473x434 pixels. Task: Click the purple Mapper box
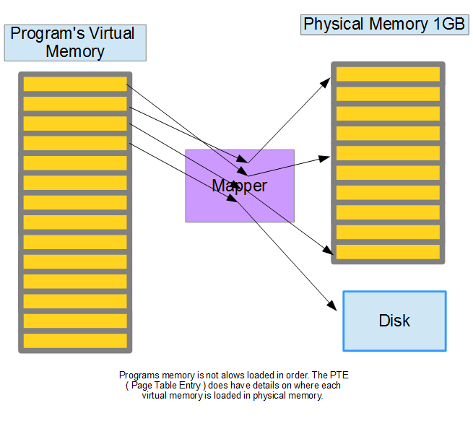(240, 186)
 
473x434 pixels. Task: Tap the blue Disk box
(394, 321)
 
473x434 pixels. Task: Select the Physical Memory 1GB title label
(385, 25)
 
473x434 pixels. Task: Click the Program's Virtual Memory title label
(75, 43)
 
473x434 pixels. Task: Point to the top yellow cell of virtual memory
(75, 84)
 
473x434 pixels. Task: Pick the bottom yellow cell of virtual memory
(75, 341)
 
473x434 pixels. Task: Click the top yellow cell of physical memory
(388, 74)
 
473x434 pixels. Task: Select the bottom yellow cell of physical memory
(388, 252)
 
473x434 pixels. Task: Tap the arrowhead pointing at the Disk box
(332, 305)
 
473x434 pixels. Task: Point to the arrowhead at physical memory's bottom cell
(328, 250)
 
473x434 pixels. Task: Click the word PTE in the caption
(339, 375)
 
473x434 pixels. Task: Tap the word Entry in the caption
(190, 385)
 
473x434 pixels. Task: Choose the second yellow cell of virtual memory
(75, 103)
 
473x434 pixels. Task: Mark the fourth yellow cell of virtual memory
(75, 143)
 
